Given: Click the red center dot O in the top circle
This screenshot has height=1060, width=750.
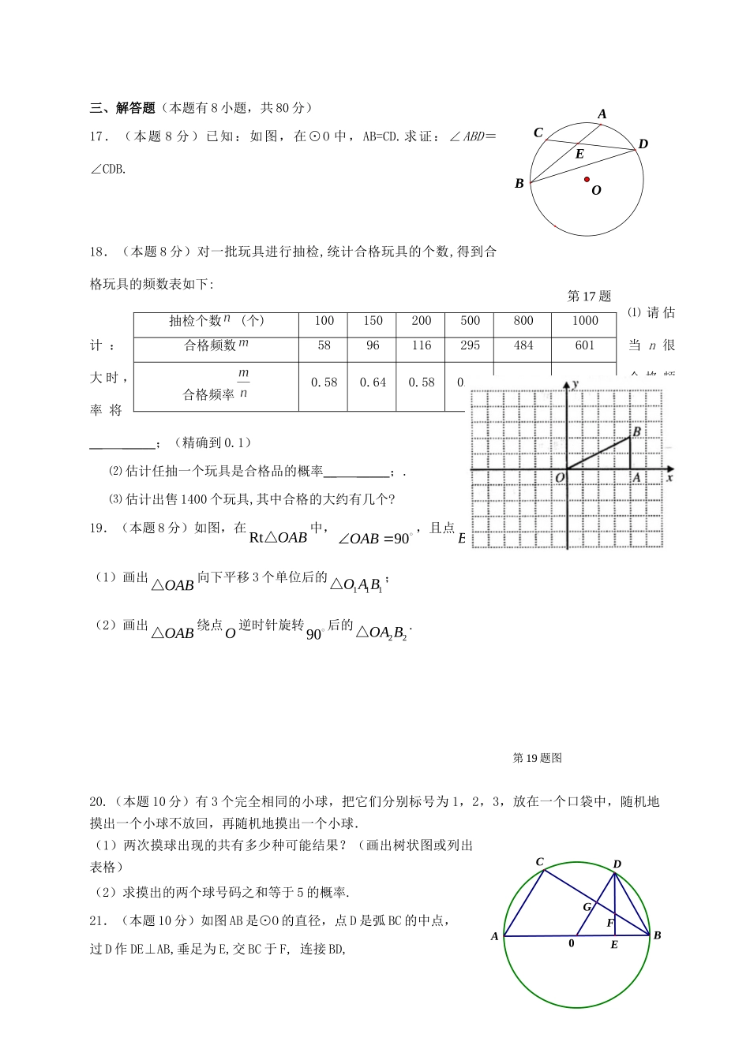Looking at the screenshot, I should (587, 180).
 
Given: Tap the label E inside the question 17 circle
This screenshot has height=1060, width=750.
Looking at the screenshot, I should (579, 155).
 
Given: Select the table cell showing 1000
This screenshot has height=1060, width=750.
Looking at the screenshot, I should (585, 321).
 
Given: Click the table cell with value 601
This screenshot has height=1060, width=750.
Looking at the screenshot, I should (585, 345).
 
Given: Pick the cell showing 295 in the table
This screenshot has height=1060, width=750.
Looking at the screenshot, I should (470, 345).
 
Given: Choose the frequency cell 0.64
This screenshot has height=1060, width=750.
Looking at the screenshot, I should (373, 383).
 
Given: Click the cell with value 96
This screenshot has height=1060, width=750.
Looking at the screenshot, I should (373, 345).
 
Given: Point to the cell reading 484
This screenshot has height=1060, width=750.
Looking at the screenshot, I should (523, 345).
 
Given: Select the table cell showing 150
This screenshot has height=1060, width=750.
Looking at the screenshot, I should (373, 321).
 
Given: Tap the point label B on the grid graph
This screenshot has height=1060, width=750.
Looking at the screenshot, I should (636, 431).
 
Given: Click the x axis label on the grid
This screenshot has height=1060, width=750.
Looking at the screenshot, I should (669, 477).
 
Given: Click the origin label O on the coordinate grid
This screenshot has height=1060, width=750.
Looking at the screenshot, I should (560, 478).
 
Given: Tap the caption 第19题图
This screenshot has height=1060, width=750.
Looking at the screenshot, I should (537, 758).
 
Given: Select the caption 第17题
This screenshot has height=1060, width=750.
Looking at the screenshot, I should (589, 297).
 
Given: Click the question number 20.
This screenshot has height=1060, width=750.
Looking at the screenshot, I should (98, 802).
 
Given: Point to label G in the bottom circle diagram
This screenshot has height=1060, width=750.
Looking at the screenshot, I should (587, 907).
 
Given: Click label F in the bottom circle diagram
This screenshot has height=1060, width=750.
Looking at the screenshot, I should (609, 923).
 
